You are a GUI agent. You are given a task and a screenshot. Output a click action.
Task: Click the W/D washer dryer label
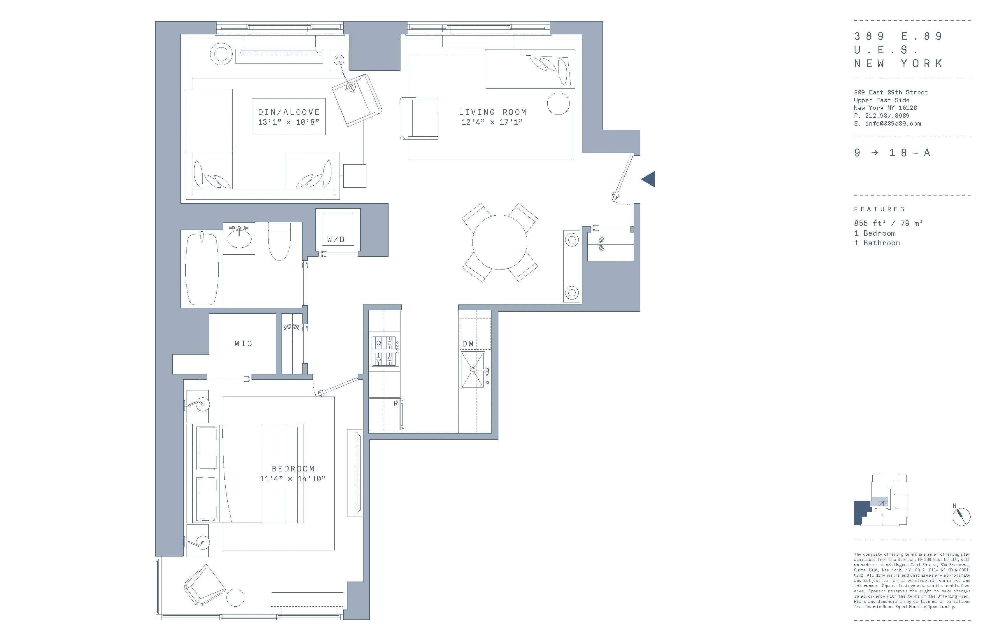click(x=335, y=239)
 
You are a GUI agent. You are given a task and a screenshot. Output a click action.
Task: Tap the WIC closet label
click(x=243, y=344)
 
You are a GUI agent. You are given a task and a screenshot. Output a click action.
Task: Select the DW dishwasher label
click(x=468, y=344)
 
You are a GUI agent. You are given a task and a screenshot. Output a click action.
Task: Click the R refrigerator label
click(x=396, y=403)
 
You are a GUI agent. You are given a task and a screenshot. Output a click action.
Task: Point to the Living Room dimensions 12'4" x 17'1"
click(x=492, y=122)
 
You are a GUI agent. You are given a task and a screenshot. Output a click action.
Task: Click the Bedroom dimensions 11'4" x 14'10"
click(x=292, y=479)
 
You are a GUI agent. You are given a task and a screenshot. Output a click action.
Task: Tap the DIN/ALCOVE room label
click(x=289, y=112)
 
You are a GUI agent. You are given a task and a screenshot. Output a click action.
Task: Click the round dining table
click(x=500, y=242)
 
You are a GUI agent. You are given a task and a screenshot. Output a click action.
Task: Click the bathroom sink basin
click(x=239, y=239)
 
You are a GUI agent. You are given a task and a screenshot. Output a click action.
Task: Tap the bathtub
click(x=202, y=268)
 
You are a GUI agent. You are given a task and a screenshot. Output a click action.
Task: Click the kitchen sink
click(x=473, y=370)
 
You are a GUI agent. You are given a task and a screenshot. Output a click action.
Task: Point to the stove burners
click(x=385, y=351)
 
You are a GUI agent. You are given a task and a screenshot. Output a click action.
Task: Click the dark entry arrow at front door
click(x=649, y=179)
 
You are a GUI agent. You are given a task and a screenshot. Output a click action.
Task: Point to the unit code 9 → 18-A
click(x=892, y=153)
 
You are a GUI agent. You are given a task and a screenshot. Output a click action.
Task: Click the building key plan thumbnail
click(x=880, y=499)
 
